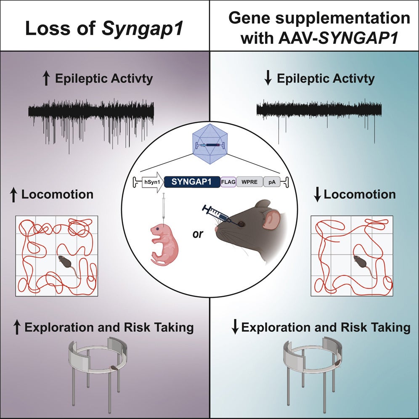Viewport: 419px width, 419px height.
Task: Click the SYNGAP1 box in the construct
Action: pyautogui.click(x=191, y=181)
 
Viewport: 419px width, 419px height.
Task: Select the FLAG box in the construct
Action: pyautogui.click(x=228, y=181)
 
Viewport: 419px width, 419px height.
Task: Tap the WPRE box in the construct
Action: pyautogui.click(x=249, y=181)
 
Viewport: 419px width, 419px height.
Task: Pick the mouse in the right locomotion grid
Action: pyautogui.click(x=361, y=265)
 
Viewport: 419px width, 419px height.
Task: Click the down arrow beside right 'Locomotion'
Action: pyautogui.click(x=318, y=194)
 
